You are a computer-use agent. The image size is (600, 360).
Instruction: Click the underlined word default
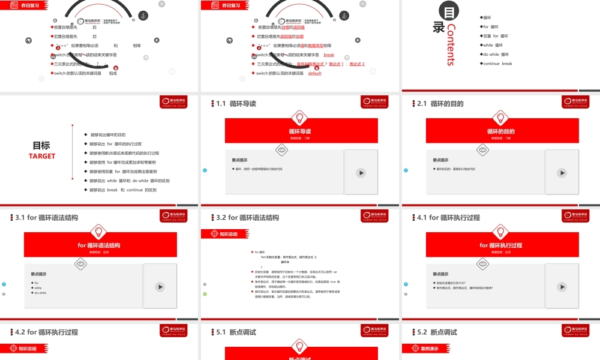coord(315,73)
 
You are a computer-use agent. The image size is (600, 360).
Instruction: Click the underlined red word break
coord(329,55)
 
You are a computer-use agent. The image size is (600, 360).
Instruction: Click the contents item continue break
coord(497,64)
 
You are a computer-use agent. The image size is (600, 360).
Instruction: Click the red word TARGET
coord(42,156)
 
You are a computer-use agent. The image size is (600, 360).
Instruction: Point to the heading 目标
coord(41,145)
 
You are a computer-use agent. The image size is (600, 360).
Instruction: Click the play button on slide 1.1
coord(361,173)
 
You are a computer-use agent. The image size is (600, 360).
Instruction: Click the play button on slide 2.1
coord(562,173)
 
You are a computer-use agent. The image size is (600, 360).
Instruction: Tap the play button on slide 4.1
coord(562,287)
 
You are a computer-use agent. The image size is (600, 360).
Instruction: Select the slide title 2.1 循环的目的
coord(440,104)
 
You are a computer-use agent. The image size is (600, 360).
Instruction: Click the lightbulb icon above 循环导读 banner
coord(301,118)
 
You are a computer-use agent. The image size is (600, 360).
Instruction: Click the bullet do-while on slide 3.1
coord(40,293)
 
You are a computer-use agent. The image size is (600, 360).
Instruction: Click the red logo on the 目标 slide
coord(178,102)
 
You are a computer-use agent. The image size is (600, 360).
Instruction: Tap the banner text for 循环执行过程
coord(501,245)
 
